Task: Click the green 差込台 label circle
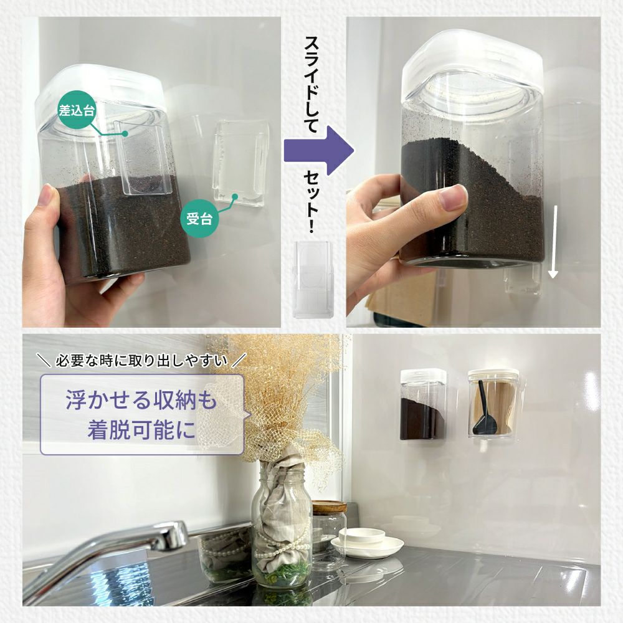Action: [x=77, y=111]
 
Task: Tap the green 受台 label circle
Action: [x=200, y=218]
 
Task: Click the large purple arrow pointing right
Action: [x=318, y=151]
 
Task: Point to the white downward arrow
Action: [x=553, y=242]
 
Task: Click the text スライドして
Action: [x=312, y=84]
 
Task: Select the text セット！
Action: [x=312, y=201]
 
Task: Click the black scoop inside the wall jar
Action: [x=485, y=411]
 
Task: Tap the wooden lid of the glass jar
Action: [x=330, y=506]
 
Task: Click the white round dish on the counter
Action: [x=366, y=543]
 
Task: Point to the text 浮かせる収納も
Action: [x=141, y=400]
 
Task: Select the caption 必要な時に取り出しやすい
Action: [x=141, y=361]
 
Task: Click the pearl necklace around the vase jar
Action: [x=278, y=549]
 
